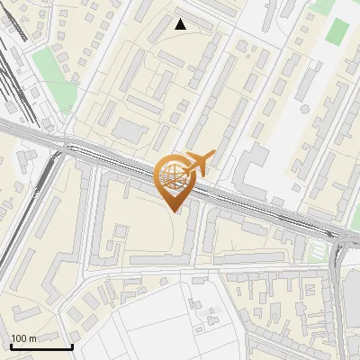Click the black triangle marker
point(181,24)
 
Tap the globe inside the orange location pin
point(172,176)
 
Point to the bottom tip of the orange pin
point(175,211)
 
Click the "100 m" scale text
point(23,338)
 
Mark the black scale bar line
point(40,346)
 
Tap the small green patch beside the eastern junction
point(317,251)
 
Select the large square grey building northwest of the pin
point(132,131)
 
